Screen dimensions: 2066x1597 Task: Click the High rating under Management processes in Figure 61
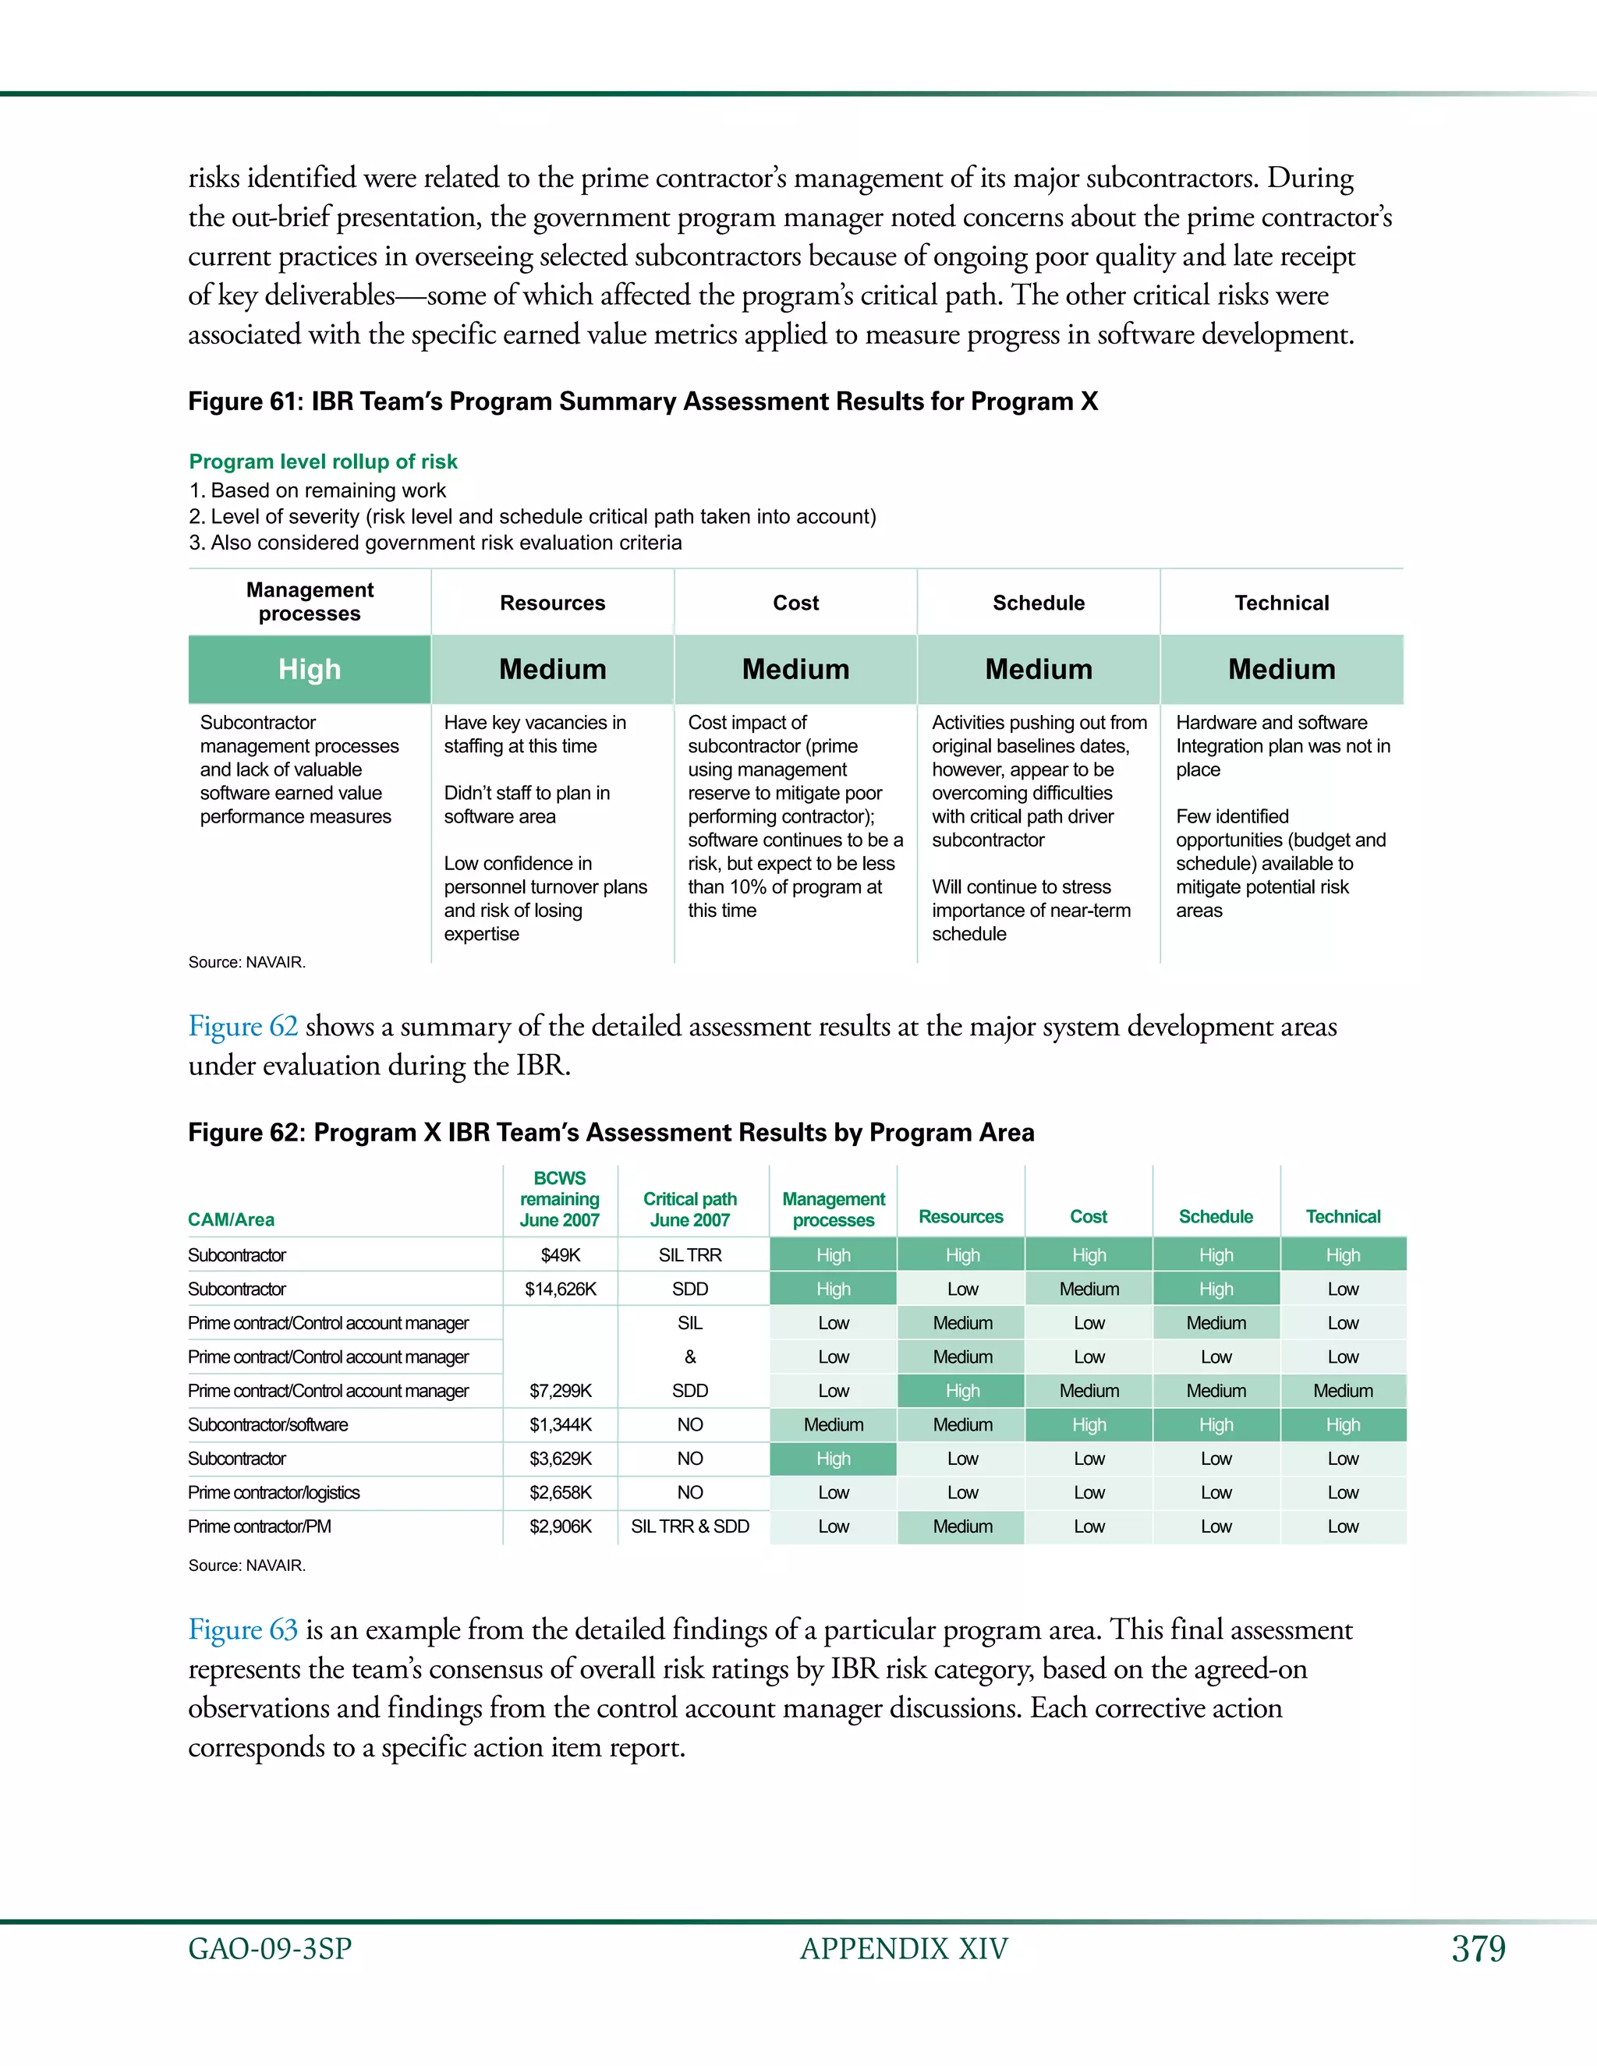click(310, 669)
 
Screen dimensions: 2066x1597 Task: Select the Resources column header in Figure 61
click(553, 603)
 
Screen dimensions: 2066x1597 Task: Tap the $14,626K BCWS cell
click(560, 1289)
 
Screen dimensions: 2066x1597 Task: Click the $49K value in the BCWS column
click(560, 1254)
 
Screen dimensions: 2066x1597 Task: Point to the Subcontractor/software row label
click(267, 1424)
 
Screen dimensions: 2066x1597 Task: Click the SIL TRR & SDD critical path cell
click(689, 1526)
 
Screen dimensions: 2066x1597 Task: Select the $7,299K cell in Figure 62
click(560, 1391)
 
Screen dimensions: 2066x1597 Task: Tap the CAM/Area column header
click(231, 1219)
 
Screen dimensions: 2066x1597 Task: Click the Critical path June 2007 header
click(689, 1209)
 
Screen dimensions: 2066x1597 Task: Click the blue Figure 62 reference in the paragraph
click(243, 1027)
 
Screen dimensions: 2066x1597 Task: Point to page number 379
click(1478, 1949)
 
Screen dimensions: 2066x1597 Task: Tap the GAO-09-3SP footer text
click(270, 1949)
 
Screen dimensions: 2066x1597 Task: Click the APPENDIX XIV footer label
click(904, 1949)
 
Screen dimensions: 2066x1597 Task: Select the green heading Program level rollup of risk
click(323, 462)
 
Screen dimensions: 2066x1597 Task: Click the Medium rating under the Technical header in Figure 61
click(1281, 669)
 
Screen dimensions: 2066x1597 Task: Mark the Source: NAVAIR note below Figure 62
click(247, 1565)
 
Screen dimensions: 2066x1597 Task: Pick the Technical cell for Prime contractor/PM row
click(1343, 1526)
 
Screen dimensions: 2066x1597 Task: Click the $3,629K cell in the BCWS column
click(560, 1458)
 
